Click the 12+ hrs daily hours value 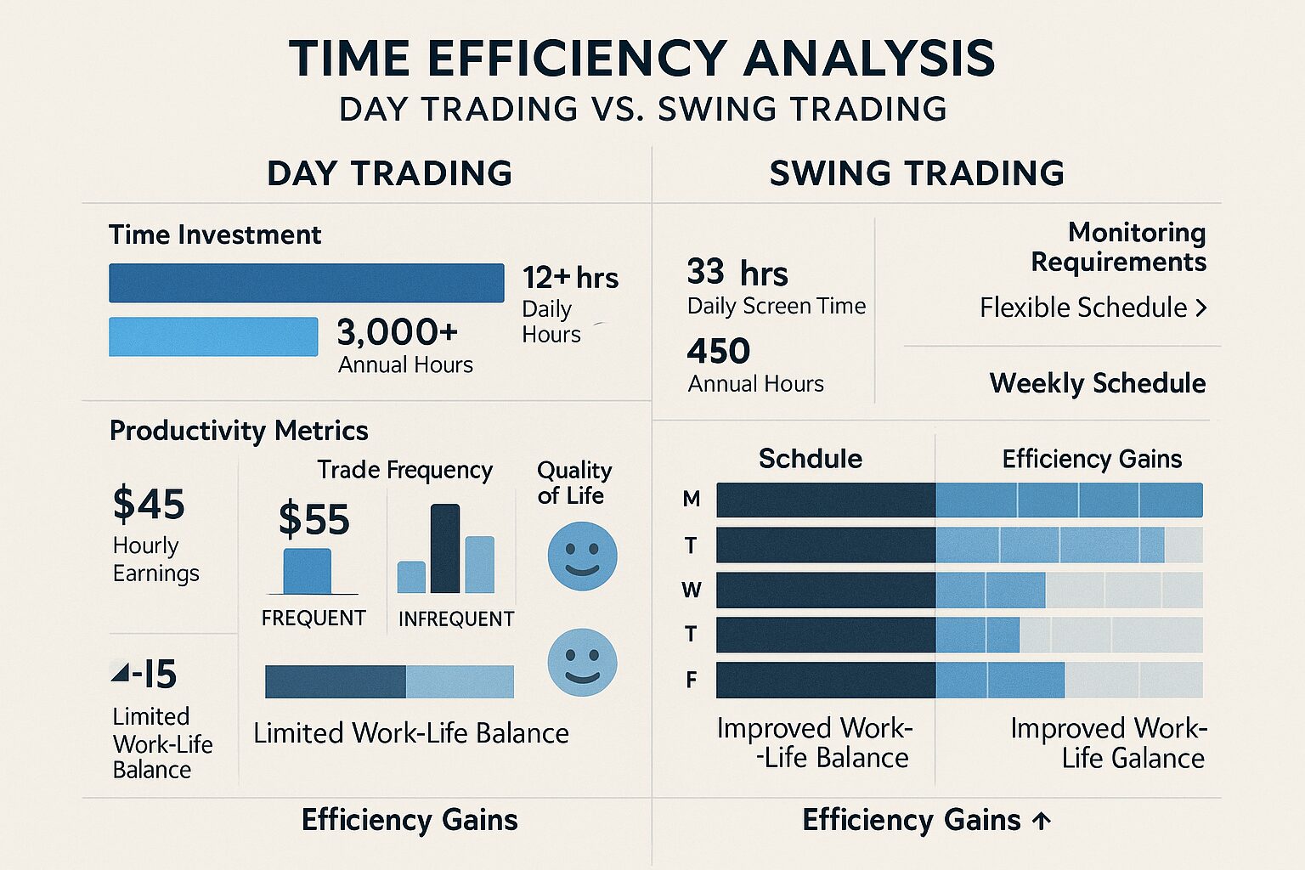570,278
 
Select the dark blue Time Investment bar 306,283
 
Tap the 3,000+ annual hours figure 397,332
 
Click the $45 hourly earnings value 149,504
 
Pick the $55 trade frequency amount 314,519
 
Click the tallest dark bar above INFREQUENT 445,548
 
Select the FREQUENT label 314,618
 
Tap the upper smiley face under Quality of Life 582,556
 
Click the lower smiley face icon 582,663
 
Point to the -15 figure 145,675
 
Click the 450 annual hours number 719,351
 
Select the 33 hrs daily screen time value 737,273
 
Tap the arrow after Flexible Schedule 1200,308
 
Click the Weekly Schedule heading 1097,383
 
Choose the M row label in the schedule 692,500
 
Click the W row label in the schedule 692,590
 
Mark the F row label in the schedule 692,680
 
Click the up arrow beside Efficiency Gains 1042,821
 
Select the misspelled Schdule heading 810,459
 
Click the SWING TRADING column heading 916,173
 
